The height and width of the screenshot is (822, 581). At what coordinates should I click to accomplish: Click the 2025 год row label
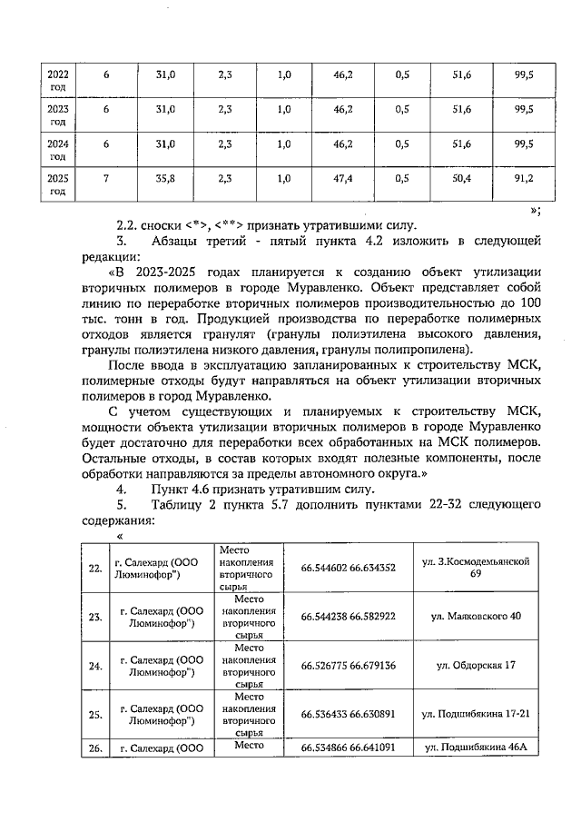57,184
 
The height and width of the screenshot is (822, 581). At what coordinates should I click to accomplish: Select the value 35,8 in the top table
164,179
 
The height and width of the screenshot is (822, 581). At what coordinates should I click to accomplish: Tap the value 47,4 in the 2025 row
343,179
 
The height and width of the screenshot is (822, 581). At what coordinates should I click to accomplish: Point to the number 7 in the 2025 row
106,179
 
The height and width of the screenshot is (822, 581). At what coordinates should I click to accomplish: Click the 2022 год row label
57,78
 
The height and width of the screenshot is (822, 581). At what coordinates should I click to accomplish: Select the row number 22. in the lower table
95,569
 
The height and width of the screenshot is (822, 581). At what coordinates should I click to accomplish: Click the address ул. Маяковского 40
476,617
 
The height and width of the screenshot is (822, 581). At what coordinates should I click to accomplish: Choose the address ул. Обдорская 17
476,666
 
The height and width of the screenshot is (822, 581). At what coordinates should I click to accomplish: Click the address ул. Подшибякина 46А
476,748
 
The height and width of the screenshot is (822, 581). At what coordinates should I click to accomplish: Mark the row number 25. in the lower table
95,715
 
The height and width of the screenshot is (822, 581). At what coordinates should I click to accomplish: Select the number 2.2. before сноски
131,224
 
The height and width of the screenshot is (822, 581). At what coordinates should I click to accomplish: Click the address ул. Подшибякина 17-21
476,714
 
